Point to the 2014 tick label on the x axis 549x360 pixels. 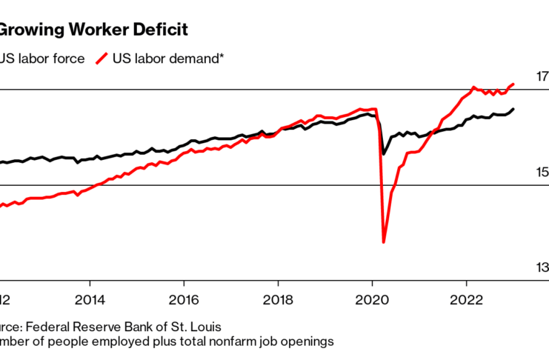pyautogui.click(x=90, y=301)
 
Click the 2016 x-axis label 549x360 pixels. pyautogui.click(x=184, y=301)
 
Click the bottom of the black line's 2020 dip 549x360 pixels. pyautogui.click(x=383, y=154)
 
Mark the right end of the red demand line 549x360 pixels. pyautogui.click(x=514, y=84)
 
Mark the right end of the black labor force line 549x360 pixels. pyautogui.click(x=514, y=109)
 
